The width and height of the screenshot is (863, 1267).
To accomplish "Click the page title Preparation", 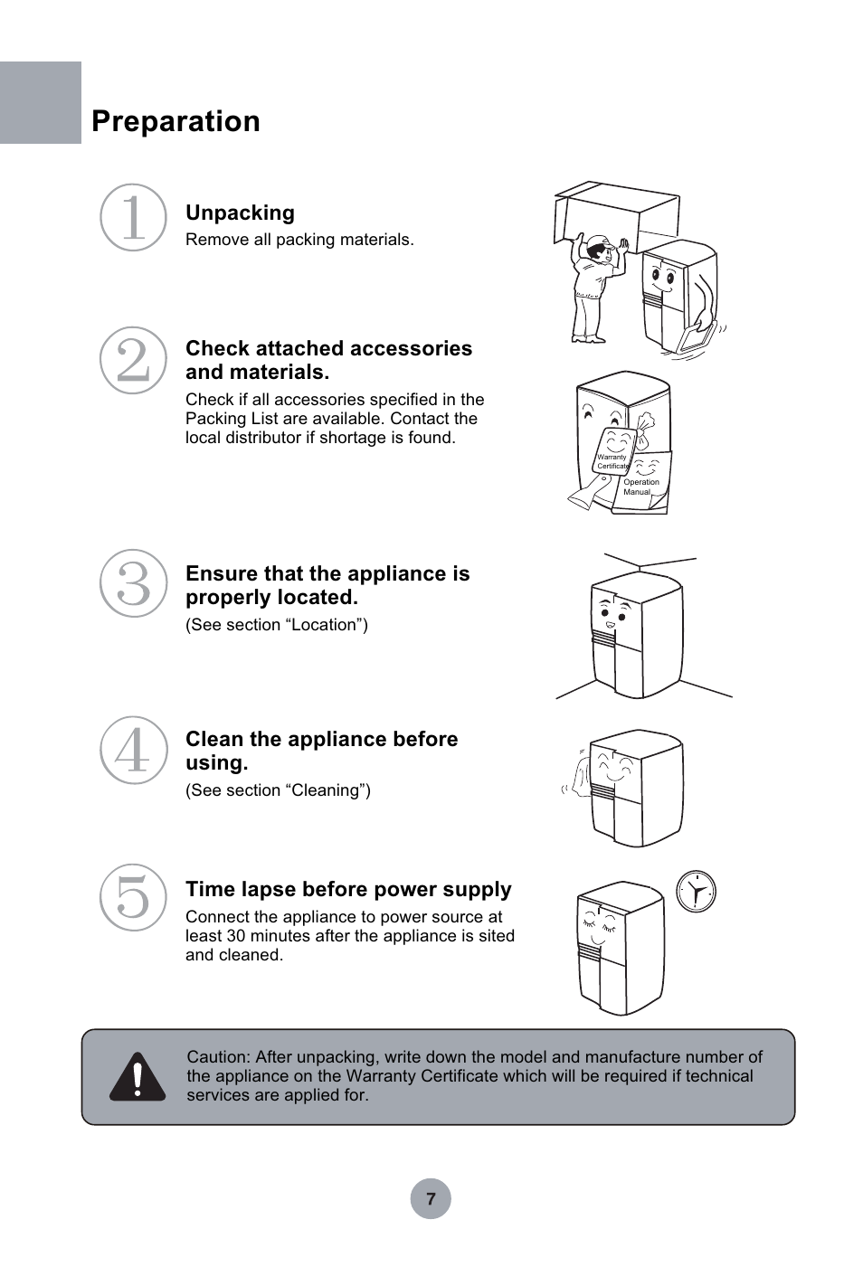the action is (x=175, y=121).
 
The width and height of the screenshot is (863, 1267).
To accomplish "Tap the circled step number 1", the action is (x=133, y=217).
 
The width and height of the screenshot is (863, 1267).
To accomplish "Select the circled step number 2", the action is (x=133, y=360).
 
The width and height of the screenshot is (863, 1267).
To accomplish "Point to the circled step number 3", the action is (x=133, y=583).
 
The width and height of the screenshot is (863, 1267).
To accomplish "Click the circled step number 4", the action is (x=133, y=751).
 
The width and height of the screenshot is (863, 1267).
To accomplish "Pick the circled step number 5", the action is (x=133, y=897).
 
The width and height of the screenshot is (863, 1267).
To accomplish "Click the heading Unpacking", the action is (x=240, y=213).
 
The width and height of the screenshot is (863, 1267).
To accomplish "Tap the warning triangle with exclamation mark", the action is (x=138, y=1076).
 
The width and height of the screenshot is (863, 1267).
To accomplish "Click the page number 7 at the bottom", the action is (x=431, y=1199).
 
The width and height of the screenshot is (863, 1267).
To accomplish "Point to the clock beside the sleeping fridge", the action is (x=697, y=892).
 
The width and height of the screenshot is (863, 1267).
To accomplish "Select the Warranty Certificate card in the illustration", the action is (x=612, y=452).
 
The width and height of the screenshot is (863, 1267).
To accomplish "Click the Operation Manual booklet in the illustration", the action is (x=643, y=483).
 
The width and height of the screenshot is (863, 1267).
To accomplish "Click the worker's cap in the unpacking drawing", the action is (x=599, y=244).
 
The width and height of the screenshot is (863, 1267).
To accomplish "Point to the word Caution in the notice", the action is (x=218, y=1056).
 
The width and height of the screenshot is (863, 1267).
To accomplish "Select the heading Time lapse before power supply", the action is (x=348, y=889).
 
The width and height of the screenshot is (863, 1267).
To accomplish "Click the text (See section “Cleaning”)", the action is (x=278, y=790).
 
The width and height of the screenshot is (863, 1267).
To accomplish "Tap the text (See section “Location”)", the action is (x=277, y=625).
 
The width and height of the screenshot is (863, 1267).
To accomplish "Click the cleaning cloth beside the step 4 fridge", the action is (x=577, y=776).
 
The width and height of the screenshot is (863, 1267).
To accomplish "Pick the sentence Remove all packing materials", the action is (x=299, y=240).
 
